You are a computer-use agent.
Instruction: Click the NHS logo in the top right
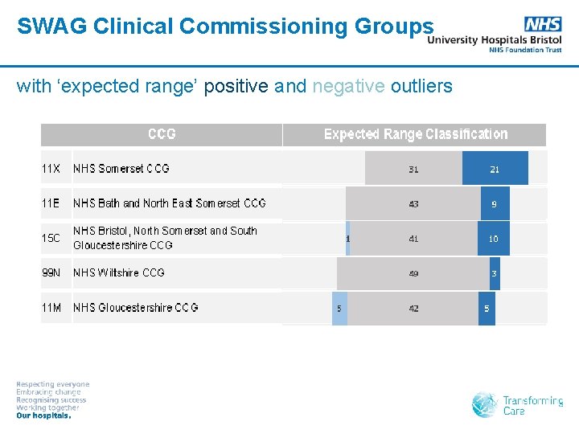coord(543,24)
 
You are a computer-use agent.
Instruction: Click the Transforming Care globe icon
coord(484,405)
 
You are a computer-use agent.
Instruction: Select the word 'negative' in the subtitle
coord(348,86)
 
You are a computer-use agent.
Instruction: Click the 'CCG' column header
coord(162,134)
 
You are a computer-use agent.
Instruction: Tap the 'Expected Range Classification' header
coord(415,134)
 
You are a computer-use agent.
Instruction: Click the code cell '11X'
coord(51,169)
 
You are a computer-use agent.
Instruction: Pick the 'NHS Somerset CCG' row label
coord(121,169)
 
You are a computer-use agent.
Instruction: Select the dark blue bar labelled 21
coord(495,169)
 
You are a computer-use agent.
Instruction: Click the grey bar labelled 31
coord(413,169)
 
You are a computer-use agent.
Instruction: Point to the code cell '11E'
coord(51,203)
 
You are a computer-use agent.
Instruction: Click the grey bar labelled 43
coord(413,204)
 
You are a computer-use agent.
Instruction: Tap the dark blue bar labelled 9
coord(495,204)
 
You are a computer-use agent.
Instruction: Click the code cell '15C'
coord(51,238)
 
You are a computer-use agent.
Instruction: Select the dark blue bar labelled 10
coord(494,239)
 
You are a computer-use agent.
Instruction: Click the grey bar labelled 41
coord(413,239)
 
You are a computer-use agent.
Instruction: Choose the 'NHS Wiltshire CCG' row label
coord(119,272)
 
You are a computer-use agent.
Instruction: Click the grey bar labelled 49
coord(413,273)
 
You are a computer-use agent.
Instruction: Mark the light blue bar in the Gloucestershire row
coord(339,309)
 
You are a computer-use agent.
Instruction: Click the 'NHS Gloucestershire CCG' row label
coord(136,308)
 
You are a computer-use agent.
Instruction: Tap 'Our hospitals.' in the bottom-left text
coord(44,416)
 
